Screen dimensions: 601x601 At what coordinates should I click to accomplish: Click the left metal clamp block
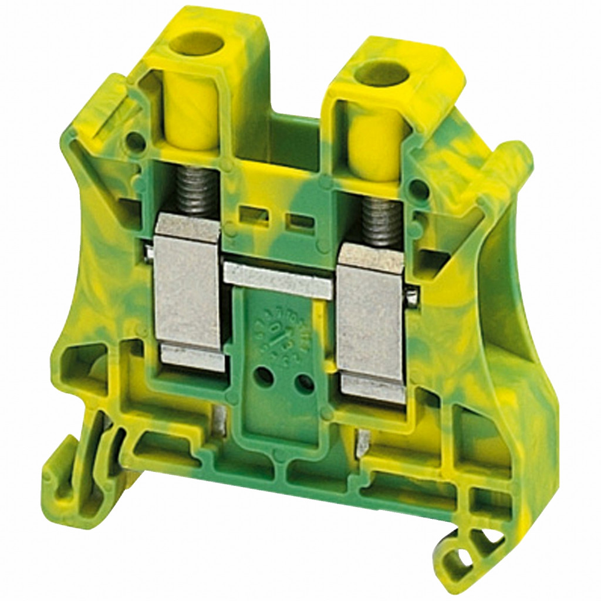tap(186, 293)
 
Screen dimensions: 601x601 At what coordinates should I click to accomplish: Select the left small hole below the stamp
tap(265, 376)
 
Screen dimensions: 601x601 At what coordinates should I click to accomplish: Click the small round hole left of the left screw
tap(134, 140)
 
